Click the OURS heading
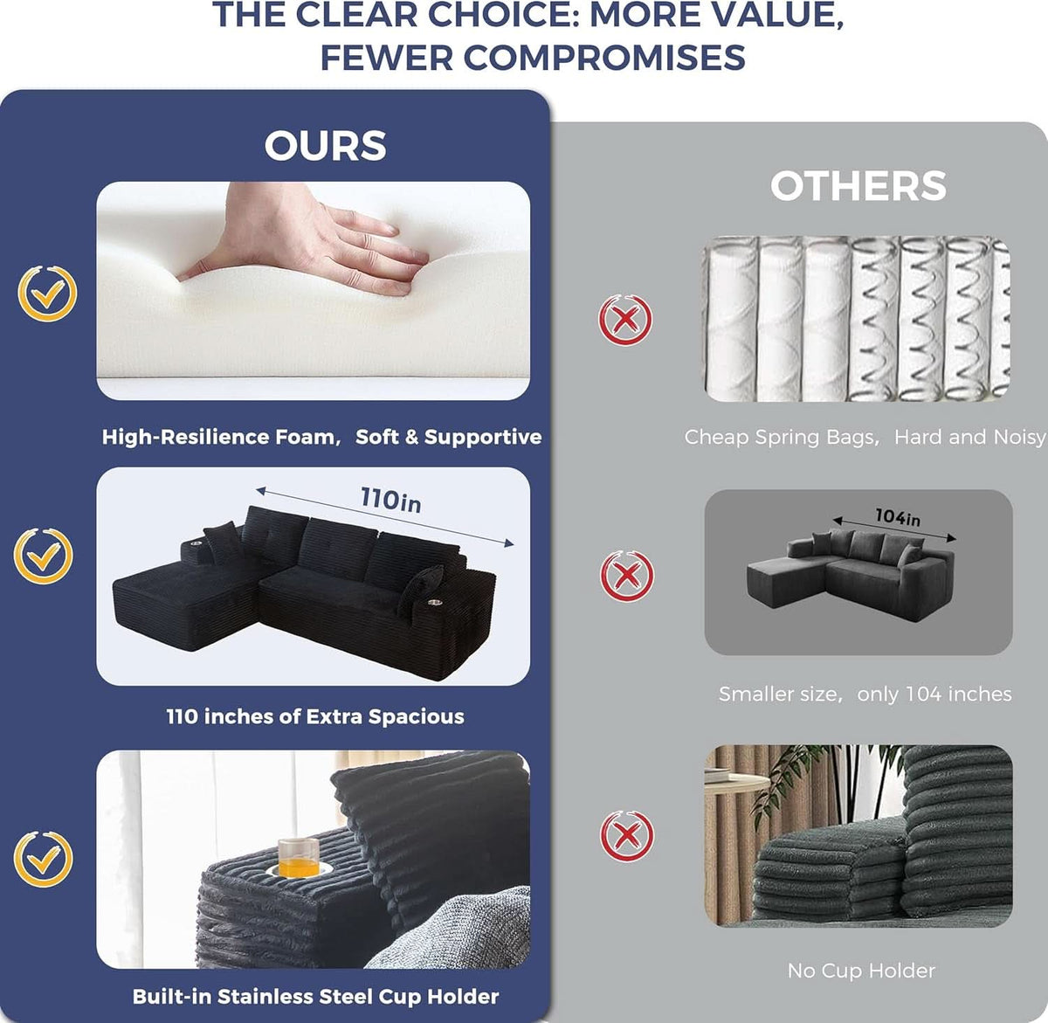pos(325,145)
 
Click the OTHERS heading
pos(858,186)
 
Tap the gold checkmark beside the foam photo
pos(47,294)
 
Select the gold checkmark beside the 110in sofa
pos(43,556)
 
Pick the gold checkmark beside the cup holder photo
pos(43,860)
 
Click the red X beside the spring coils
pos(625,320)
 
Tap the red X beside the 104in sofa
pos(626,576)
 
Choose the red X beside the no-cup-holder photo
pos(626,835)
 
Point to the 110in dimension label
pos(390,501)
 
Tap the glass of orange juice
pos(299,857)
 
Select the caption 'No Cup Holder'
pos(861,971)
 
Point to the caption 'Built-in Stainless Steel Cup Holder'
pos(315,996)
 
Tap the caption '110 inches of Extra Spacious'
pos(315,716)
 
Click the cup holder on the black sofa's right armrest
pos(435,600)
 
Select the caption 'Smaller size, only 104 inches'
pos(865,694)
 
